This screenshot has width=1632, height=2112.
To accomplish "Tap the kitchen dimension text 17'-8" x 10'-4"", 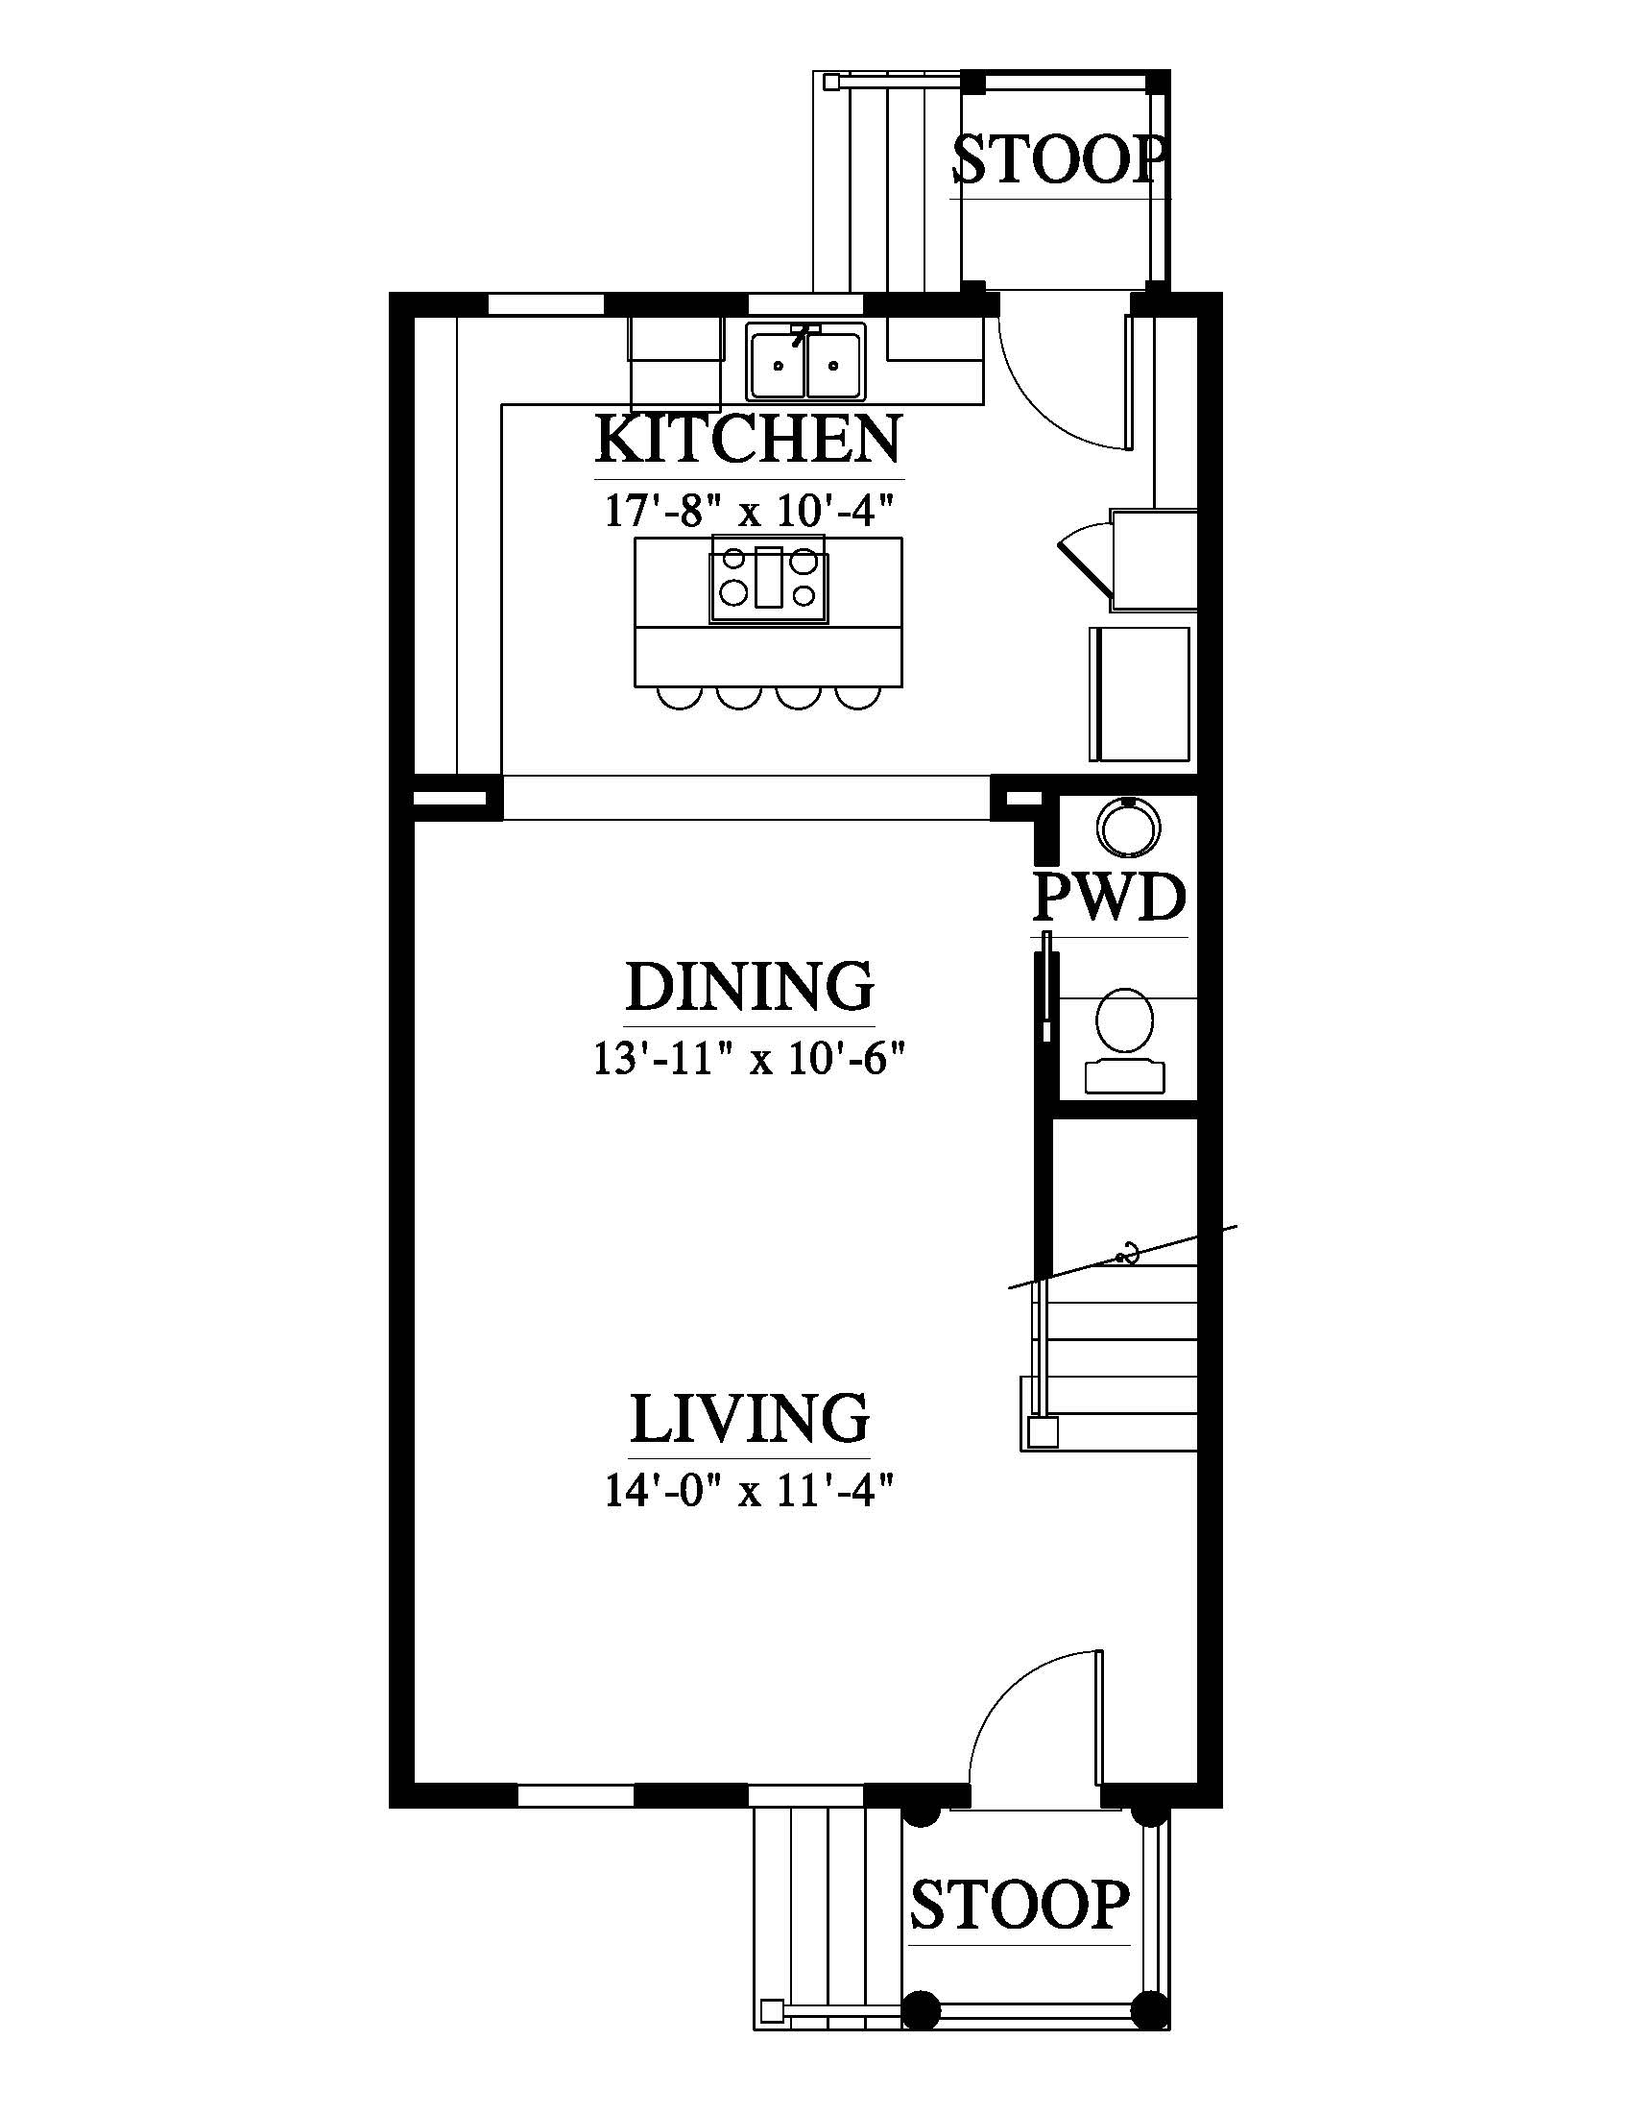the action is coord(740,510).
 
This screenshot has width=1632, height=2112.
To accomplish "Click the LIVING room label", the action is coord(750,1418).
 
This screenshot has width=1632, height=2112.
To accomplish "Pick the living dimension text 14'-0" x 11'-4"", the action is coord(747,1491).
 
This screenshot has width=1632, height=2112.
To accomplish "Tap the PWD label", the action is coord(1109,898).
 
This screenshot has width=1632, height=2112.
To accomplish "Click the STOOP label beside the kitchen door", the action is coord(1060,159).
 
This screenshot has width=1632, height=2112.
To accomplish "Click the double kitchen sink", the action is coord(806,363).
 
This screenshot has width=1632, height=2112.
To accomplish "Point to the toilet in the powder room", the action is coord(1124,1040).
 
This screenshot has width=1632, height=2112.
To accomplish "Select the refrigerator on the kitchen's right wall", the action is coord(1140,693).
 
